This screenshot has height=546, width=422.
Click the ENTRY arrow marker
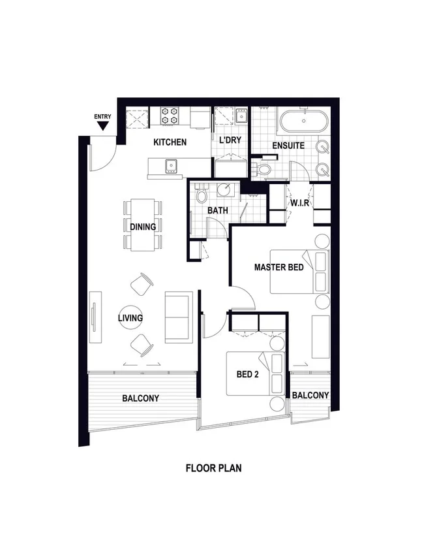pos(103,125)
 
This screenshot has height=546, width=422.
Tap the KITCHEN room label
pos(170,142)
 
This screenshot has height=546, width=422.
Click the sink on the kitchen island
pos(173,165)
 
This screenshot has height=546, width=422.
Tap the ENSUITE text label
pos(288,146)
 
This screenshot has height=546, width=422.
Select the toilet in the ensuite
pos(264,169)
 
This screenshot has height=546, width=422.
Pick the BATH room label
pos(217,211)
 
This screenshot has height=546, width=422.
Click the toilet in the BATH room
pos(202,194)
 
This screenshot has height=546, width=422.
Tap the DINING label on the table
pos(142,227)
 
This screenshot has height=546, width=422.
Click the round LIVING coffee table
pos(130,318)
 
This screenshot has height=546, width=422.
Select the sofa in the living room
pos(178,317)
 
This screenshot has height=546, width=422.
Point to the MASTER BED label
pos(279,267)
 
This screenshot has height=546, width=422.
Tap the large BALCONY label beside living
pos(140,398)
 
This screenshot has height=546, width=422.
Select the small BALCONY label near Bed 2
pos(310,395)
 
